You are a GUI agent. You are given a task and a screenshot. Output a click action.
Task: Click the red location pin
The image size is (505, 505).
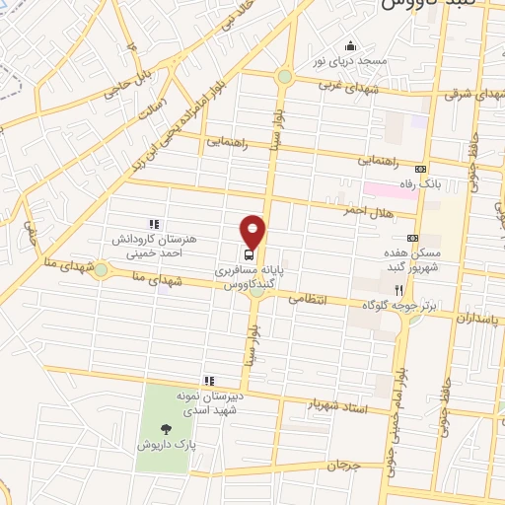pos(253,230)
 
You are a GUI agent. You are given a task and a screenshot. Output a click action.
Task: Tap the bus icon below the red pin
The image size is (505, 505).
pos(247,252)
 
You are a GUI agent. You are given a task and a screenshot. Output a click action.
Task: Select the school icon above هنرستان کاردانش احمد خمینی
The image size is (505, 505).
pos(153,226)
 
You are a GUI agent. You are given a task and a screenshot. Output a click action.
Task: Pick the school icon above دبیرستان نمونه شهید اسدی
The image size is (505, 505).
pos(208,381)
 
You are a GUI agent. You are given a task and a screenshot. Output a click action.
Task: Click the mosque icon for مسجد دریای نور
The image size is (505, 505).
pos(348,45)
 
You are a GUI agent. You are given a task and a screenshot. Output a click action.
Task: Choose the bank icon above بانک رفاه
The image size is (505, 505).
pos(422,169)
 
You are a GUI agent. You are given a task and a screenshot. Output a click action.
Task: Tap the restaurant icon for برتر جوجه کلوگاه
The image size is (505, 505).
pos(398,290)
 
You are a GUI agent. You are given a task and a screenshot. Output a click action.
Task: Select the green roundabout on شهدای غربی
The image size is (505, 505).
pos(284,76)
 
